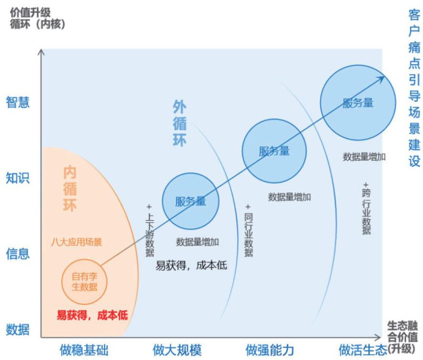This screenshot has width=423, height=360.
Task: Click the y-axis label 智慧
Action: click(x=18, y=102)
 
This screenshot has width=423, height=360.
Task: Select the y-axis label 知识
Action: click(x=18, y=178)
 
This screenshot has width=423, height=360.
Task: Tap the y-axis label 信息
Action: click(x=18, y=254)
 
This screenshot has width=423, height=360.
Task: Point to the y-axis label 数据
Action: click(x=18, y=330)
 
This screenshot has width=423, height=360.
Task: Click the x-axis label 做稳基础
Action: click(x=84, y=350)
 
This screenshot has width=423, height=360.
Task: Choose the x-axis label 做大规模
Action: click(x=177, y=350)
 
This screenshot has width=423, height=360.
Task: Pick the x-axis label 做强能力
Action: click(x=270, y=350)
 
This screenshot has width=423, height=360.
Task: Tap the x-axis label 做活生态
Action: click(x=363, y=350)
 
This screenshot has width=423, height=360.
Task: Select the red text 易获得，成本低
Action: click(x=92, y=315)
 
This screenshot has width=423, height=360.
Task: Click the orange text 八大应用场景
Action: click(x=77, y=242)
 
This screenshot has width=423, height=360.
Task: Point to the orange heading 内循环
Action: click(x=70, y=189)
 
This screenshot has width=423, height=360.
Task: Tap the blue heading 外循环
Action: click(x=180, y=123)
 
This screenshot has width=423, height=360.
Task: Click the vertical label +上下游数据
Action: click(x=150, y=230)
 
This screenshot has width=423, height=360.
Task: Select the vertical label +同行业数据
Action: click(x=249, y=230)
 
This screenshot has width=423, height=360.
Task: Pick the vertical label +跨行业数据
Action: click(x=366, y=209)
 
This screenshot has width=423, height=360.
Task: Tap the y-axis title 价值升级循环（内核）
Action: click(x=38, y=19)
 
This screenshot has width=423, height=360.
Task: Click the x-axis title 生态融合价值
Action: click(x=402, y=331)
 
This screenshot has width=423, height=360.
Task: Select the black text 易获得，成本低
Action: click(x=191, y=266)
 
